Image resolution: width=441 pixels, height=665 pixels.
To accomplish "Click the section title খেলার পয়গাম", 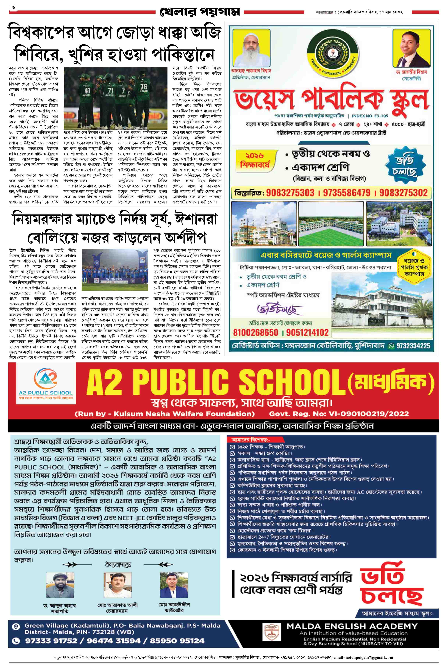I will [x=200, y=12].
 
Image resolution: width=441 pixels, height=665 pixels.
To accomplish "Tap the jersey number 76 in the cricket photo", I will [x=144, y=85].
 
